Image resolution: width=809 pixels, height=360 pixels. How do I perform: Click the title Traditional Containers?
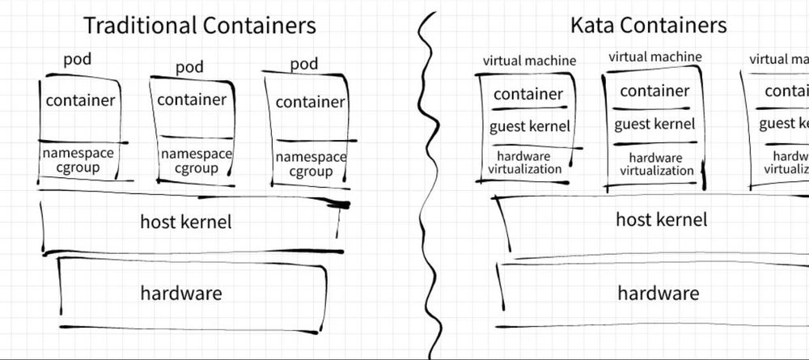[199, 25]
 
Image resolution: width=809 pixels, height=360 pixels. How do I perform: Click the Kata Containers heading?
[648, 25]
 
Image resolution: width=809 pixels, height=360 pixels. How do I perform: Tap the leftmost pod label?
[78, 61]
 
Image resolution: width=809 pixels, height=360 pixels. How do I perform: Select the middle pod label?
[189, 66]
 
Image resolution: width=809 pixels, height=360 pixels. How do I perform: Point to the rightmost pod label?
[303, 63]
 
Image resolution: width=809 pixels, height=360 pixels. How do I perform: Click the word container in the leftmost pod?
[80, 101]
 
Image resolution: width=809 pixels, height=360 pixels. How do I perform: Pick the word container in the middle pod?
[192, 100]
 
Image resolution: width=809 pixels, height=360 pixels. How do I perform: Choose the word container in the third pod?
[310, 103]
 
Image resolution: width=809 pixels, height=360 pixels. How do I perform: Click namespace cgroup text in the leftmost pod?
[78, 160]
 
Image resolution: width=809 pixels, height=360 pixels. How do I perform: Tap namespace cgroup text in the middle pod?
[196, 161]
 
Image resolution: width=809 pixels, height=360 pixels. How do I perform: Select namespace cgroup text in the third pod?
[311, 164]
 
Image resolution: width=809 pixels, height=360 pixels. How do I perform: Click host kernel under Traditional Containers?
[185, 222]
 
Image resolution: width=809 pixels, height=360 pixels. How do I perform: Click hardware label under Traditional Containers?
[181, 293]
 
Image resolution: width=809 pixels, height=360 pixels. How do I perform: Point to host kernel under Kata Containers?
[661, 219]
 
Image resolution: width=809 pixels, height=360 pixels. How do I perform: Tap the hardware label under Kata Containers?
[658, 293]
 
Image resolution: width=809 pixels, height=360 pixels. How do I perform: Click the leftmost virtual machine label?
[529, 61]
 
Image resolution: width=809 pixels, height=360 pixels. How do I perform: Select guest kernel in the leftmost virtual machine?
[529, 126]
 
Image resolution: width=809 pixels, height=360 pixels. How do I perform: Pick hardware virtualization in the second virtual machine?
[656, 164]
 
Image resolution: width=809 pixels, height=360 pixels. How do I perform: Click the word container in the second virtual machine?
[654, 91]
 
